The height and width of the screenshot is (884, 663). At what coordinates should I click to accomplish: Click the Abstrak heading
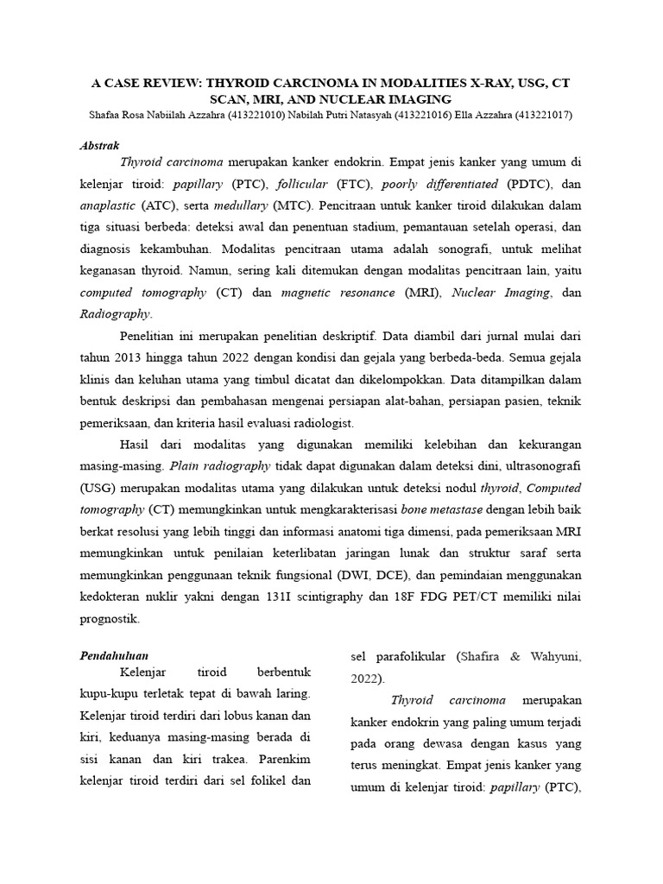pyautogui.click(x=99, y=145)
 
